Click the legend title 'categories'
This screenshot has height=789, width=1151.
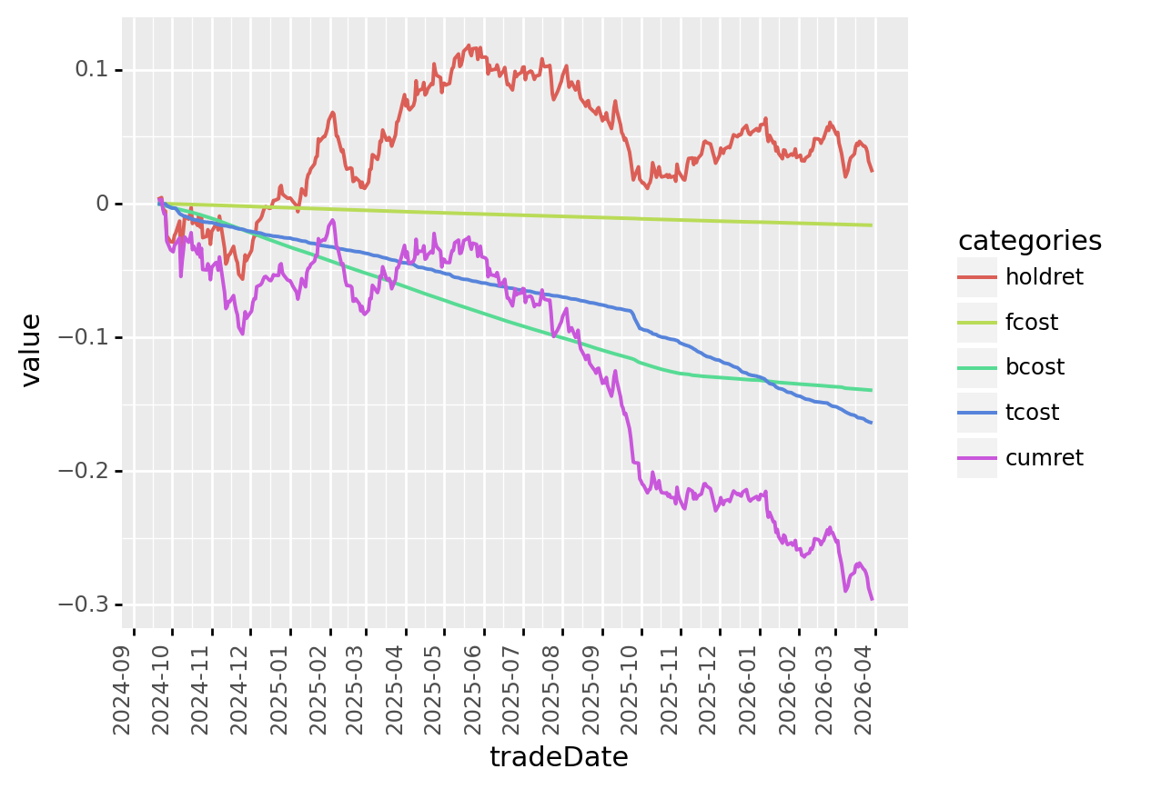coord(1029,241)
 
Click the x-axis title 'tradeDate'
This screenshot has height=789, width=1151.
coord(559,757)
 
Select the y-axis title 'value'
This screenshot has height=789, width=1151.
coord(31,350)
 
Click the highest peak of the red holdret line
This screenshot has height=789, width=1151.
coord(469,45)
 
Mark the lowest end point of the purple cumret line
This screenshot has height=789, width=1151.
coord(872,599)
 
